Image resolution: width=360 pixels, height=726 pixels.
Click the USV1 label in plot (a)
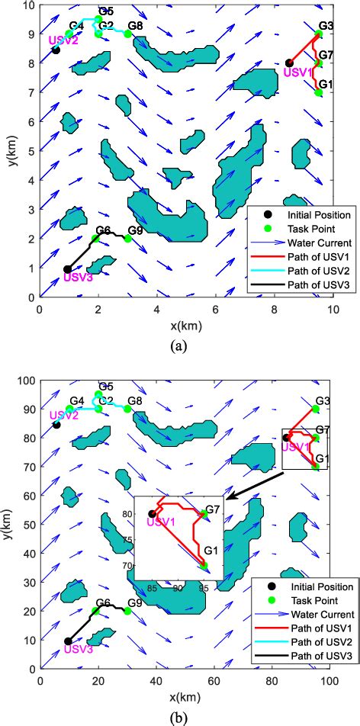tap(297, 72)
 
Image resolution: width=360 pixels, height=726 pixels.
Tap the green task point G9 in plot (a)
tap(127, 239)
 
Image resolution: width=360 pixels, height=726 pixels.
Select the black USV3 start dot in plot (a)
tap(67, 269)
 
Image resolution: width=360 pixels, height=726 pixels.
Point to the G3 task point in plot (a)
tap(319, 34)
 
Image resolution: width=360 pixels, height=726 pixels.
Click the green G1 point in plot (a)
tap(319, 92)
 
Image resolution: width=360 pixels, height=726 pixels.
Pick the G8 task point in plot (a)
tap(128, 34)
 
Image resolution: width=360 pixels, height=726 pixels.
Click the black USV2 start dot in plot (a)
tap(56, 50)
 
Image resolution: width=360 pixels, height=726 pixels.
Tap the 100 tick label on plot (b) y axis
tap(24, 380)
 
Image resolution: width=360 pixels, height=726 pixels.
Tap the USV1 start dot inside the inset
tap(152, 514)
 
